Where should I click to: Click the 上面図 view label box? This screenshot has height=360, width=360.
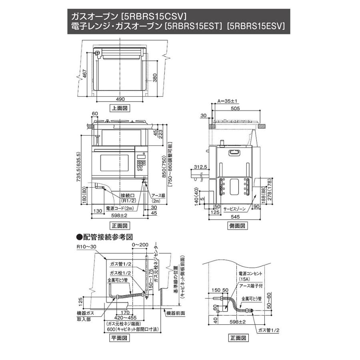(x=120, y=108)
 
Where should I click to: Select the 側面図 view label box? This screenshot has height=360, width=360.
(x=237, y=226)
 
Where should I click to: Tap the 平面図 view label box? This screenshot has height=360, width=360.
(x=119, y=338)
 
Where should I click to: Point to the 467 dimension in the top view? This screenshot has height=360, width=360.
(x=84, y=74)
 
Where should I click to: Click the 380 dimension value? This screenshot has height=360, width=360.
(x=155, y=78)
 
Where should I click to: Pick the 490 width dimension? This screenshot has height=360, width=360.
(x=120, y=99)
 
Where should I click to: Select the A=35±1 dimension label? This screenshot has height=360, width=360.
(x=227, y=101)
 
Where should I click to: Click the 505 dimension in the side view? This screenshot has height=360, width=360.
(x=235, y=108)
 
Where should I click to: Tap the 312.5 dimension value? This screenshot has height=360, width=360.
(x=200, y=167)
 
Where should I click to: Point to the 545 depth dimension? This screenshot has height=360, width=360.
(x=235, y=216)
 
